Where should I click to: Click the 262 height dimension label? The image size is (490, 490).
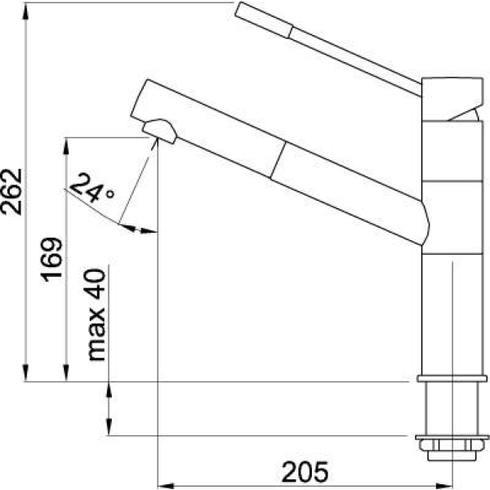[x=12, y=192]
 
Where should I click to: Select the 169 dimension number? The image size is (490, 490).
[x=51, y=260]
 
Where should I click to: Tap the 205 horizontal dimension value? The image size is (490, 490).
[x=305, y=471]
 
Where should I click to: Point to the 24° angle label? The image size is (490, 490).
[x=91, y=188]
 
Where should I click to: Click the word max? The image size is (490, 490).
[x=96, y=334]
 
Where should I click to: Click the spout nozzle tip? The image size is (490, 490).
[x=159, y=131]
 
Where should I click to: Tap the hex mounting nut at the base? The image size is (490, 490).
[x=452, y=445]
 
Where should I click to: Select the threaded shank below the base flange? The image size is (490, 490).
[x=452, y=408]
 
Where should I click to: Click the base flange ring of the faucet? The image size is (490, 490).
[x=452, y=378]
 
